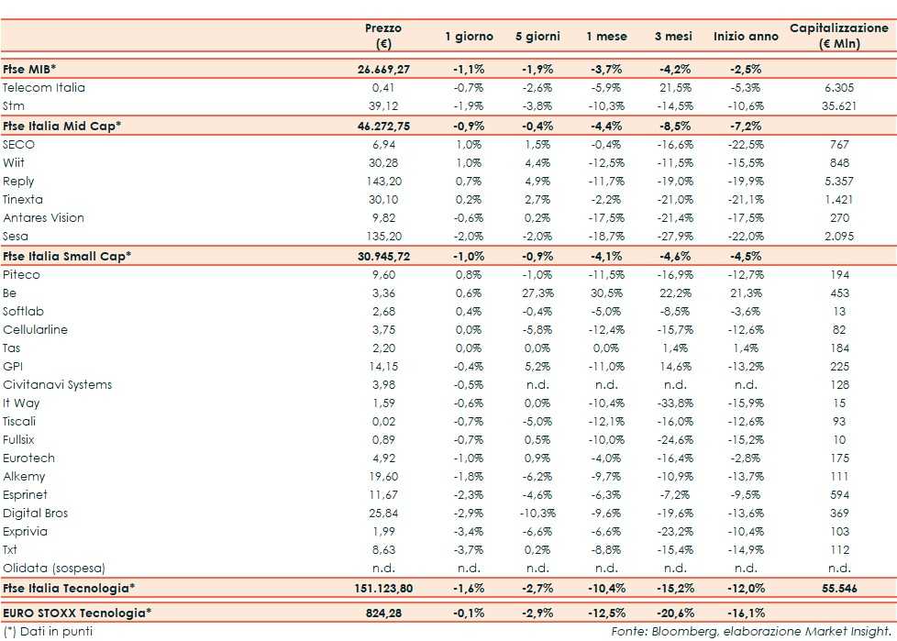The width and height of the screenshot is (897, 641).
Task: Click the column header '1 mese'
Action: [606, 37]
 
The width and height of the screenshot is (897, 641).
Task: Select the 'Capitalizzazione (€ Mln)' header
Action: [838, 36]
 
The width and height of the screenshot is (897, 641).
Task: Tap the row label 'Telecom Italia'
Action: [44, 88]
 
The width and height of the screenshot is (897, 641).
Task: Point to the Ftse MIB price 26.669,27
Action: [382, 69]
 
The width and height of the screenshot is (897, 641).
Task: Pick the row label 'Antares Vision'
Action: [43, 218]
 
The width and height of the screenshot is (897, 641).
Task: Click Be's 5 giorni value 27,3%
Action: [537, 293]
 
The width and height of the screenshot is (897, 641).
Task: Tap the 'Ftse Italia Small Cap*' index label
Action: [67, 256]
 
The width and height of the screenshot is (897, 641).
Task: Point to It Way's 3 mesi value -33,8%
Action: [675, 403]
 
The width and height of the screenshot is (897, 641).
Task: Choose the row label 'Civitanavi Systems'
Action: [57, 385]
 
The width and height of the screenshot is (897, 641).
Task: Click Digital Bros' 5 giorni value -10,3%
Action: [537, 514]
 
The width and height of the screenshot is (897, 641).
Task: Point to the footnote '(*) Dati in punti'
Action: [48, 631]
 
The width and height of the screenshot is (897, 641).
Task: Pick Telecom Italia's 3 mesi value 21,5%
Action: [675, 88]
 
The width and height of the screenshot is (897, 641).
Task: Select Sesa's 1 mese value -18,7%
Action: [606, 237]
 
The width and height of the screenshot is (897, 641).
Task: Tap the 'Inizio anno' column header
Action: [744, 37]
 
